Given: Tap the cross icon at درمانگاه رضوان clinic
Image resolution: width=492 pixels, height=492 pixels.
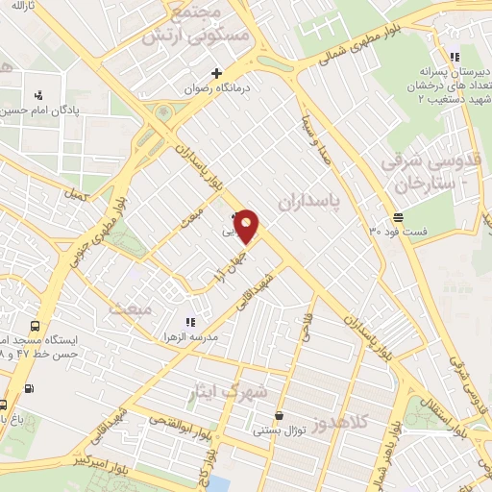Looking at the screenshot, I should tap(217, 73).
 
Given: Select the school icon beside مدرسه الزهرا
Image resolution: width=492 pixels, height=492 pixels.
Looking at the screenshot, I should tap(189, 322).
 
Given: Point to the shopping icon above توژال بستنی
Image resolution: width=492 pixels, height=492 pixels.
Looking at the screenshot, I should tap(279, 416).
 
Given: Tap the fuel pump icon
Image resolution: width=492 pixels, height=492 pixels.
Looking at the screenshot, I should tap(28, 388).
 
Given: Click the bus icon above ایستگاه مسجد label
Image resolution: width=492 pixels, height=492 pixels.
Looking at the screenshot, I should tap(36, 326).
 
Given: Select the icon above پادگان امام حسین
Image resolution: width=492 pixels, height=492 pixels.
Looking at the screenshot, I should tap(38, 94).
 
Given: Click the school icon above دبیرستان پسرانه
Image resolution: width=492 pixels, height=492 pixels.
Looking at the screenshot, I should tap(454, 56).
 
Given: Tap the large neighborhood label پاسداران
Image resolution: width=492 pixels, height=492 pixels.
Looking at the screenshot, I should tap(310, 202).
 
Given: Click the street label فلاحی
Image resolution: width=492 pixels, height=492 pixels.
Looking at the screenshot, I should tap(307, 331).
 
